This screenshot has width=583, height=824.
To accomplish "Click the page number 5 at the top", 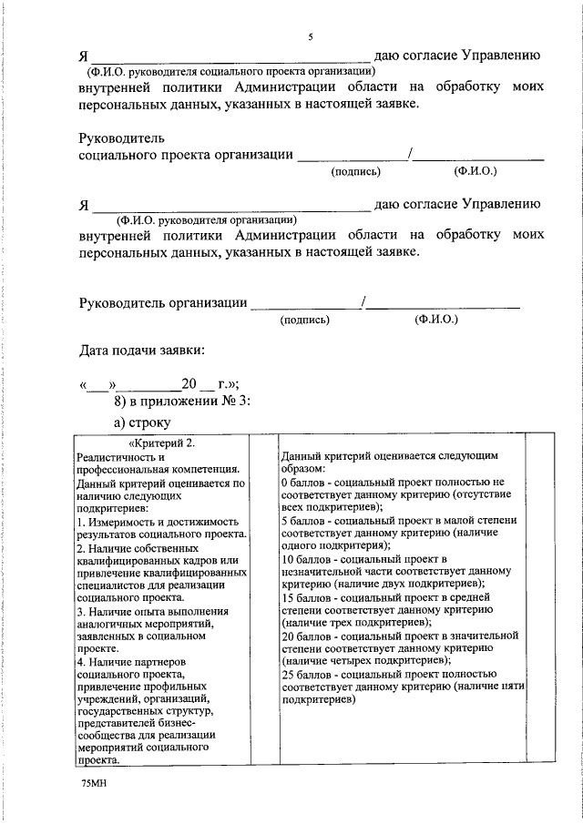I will [x=310, y=36].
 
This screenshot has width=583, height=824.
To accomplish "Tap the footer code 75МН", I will [x=93, y=783].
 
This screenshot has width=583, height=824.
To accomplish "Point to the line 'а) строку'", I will [x=141, y=422].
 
